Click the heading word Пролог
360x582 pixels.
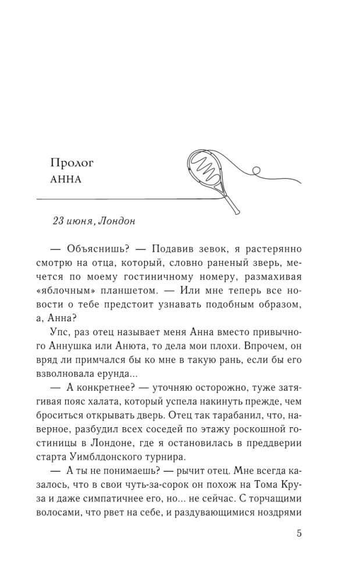(x=72, y=162)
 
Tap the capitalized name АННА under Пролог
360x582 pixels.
(x=67, y=179)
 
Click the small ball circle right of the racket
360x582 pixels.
(x=254, y=171)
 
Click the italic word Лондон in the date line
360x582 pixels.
(x=117, y=221)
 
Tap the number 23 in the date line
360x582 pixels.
(x=58, y=221)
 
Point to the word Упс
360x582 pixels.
(x=67, y=332)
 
